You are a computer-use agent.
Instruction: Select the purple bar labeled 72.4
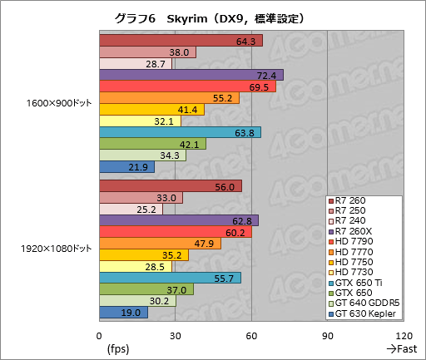pyautogui.click(x=191, y=75)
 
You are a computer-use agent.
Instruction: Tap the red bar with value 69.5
pyautogui.click(x=187, y=86)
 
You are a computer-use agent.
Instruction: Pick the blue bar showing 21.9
pyautogui.click(x=126, y=167)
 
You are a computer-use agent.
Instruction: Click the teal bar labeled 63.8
pyautogui.click(x=180, y=132)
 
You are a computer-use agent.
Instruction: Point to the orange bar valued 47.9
pyautogui.click(x=160, y=244)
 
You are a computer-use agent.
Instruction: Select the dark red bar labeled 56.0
pyautogui.click(x=170, y=186)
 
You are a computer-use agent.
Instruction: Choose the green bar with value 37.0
pyautogui.click(x=146, y=289)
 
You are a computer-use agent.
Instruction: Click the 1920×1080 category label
pyautogui.click(x=57, y=249)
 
